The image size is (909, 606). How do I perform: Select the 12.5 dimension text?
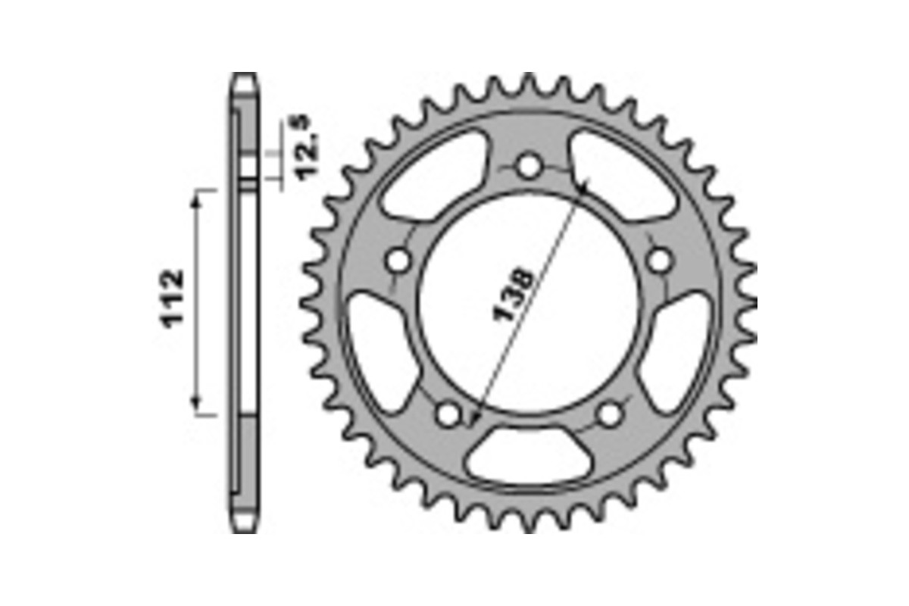coord(307,149)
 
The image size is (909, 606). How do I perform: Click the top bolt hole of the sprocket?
coord(529,166)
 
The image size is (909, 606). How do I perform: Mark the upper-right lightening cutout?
coord(623,176)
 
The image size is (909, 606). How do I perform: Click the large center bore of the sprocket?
coord(529,303)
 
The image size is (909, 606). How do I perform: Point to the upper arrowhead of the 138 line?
coord(581,184)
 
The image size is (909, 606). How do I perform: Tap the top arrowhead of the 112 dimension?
coord(198,195)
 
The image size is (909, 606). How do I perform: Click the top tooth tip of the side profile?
coord(244,76)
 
